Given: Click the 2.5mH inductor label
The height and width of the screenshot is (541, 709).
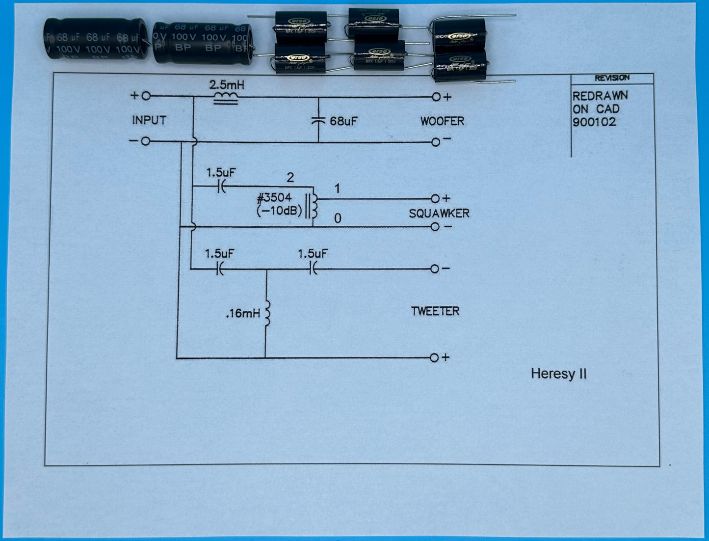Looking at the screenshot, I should coord(227,85).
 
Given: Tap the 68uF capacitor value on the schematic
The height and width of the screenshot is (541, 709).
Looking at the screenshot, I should coord(343,121).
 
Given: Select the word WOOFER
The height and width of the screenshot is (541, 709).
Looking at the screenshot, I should coord(442,121).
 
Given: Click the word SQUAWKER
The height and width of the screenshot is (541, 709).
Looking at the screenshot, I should coord(439,214).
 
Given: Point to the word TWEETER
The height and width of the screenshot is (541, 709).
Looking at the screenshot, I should coord(435,311).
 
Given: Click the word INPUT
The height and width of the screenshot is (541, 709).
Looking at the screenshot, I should coord(149,120).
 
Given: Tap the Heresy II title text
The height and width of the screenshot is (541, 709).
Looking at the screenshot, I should coord(558,374).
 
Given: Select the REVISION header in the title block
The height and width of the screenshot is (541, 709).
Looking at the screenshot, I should coord(611,78).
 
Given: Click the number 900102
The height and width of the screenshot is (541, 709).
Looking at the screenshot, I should coord(594,122).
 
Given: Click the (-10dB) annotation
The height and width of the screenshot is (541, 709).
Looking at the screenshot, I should coord(279,212).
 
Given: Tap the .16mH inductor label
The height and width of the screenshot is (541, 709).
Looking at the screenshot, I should coord(243,313).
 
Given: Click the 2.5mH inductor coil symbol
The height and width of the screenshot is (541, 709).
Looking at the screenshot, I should coord(226,99).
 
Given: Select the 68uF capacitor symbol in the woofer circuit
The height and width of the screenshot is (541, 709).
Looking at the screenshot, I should coord(318,120).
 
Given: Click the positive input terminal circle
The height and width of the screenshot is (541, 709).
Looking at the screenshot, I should coord(146,96).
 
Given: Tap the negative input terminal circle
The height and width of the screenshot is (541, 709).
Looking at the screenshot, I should coord(145,141).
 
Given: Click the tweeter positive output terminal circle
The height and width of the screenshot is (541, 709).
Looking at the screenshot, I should coord(434,358).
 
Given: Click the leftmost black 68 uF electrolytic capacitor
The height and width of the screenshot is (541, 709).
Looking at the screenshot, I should coord(95,39).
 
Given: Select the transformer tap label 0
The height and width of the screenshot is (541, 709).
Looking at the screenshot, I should coord(338,218).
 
